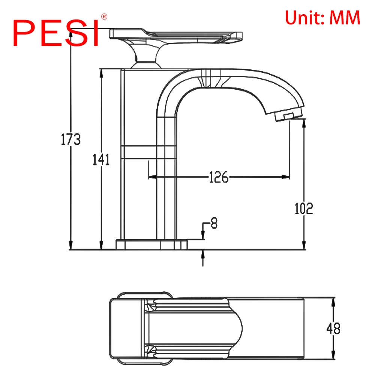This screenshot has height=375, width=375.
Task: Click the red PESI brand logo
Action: coord(56,33)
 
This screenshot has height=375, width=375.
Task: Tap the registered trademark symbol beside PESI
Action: coord(104,17)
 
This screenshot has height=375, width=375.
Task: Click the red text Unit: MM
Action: coord(322,18)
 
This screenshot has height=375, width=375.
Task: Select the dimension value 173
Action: coord(70,139)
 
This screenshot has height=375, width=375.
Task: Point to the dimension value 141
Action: coord(101,159)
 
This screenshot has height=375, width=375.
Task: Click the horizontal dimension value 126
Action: coord(219,177)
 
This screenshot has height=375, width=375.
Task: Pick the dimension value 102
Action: coord(304,208)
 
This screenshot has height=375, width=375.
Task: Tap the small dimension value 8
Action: coord(214,223)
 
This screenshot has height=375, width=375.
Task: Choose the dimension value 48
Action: coord(333,328)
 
